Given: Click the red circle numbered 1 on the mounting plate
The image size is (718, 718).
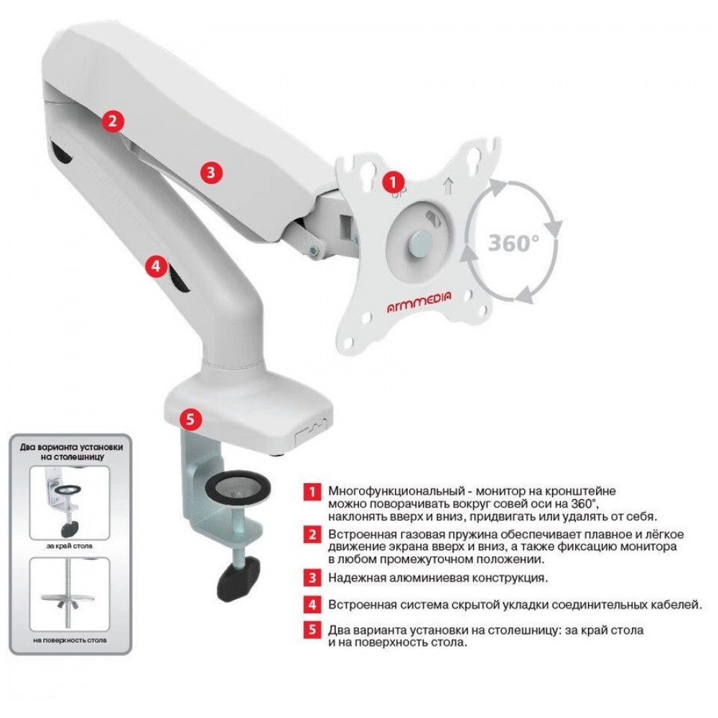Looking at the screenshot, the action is coord(393,182).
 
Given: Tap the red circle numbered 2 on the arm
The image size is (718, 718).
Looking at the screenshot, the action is coord(113,121).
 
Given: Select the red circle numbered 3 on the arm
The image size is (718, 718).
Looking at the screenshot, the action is coord(210,172).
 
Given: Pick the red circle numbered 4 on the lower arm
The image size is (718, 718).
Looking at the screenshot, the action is coord(156,266).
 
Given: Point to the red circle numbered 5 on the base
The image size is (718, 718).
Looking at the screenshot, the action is coord(190,419).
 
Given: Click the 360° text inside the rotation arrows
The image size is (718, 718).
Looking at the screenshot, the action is coord(513,243).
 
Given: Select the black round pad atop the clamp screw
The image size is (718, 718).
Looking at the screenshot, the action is coord(238,489).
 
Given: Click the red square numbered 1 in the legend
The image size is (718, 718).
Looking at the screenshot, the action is coord(312,492).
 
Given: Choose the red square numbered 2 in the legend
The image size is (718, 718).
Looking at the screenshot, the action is coord(312,534).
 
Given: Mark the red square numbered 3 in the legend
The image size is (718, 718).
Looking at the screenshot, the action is coord(312,577).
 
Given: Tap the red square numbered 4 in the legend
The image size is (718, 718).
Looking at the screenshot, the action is coord(312,605).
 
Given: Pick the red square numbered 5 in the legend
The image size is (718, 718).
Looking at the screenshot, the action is coord(312,630).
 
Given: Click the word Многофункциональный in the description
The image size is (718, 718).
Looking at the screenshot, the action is coord(396,492).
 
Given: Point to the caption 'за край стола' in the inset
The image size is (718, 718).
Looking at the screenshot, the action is coord(69,546).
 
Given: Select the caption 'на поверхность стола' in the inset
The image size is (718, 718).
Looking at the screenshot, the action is coord(70,640).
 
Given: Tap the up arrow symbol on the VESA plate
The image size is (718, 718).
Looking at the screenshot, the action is coord(447,187).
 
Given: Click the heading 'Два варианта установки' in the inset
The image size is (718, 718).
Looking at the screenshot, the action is coord(71,447).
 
